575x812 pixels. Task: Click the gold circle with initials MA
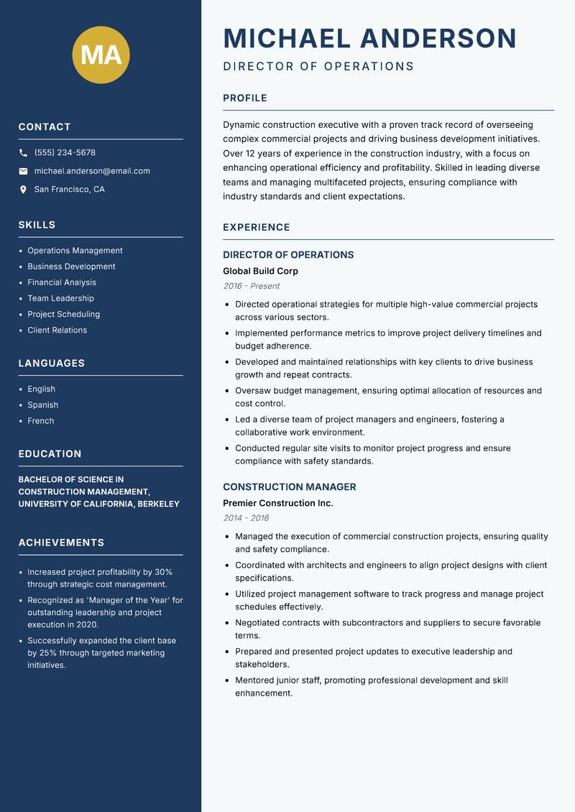[x=101, y=55]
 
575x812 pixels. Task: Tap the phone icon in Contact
[x=23, y=153]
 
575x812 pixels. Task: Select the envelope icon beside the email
[x=23, y=171]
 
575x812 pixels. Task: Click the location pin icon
[x=23, y=190]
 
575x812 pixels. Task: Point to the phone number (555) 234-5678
[x=65, y=153]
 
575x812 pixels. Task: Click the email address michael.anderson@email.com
[x=92, y=171]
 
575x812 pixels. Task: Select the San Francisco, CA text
[x=69, y=190]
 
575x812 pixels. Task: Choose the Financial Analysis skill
[x=62, y=282]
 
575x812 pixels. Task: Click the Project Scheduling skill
[x=63, y=314]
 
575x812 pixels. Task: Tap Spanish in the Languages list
[x=43, y=405]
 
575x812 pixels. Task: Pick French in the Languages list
[x=41, y=420]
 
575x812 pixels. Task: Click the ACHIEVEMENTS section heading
[x=61, y=543]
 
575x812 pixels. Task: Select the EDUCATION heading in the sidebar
[x=50, y=454]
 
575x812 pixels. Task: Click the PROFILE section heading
[x=244, y=98]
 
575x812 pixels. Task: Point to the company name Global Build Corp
[x=260, y=271]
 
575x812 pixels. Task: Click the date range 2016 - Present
[x=251, y=286]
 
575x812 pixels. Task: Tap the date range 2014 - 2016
[x=246, y=518]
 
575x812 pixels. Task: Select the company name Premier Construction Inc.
[x=277, y=503]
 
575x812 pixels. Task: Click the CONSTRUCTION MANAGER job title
[x=289, y=487]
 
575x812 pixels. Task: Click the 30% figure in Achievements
[x=163, y=572]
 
